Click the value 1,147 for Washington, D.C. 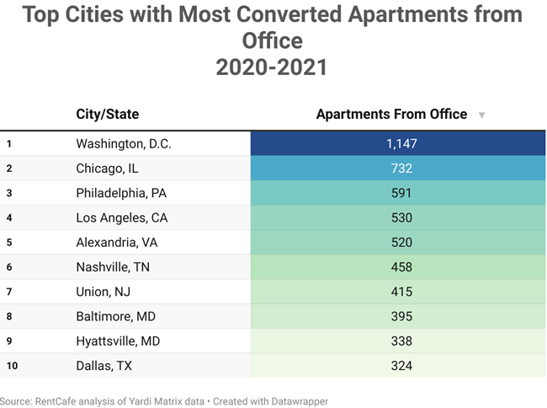pyautogui.click(x=401, y=144)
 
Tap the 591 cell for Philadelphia pyautogui.click(x=401, y=193)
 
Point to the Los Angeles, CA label pyautogui.click(x=121, y=218)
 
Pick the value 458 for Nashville pyautogui.click(x=401, y=267)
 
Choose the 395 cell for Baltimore pyautogui.click(x=401, y=316)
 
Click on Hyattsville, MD pyautogui.click(x=119, y=341)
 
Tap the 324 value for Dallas pyautogui.click(x=401, y=365)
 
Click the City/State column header pyautogui.click(x=107, y=115)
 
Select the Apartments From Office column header pyautogui.click(x=391, y=115)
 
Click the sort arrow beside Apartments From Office pyautogui.click(x=481, y=115)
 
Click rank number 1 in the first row pyautogui.click(x=9, y=144)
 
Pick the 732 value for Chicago pyautogui.click(x=401, y=169)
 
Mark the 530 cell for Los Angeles pyautogui.click(x=401, y=218)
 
